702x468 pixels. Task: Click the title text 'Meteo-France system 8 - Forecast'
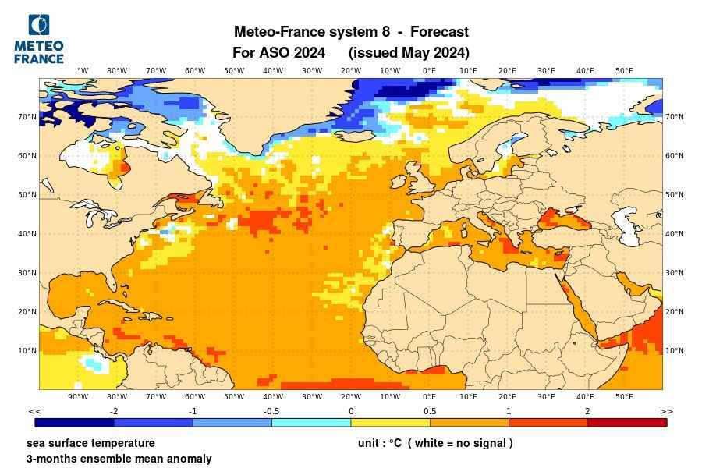point(351,32)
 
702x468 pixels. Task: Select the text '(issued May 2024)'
point(409,53)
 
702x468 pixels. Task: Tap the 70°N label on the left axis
point(27,117)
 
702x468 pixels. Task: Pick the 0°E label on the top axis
point(429,70)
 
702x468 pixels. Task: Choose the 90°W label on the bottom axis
point(78,397)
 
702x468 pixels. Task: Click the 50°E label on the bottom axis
point(624,397)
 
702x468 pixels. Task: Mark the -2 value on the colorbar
point(114,411)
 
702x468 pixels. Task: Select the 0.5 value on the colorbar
point(430,411)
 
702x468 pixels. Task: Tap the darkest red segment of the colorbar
point(626,423)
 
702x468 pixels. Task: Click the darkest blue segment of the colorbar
point(75,423)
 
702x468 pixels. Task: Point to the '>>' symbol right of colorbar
point(666,411)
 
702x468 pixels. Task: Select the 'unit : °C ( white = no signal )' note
point(435,443)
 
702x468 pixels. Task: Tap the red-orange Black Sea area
point(566,219)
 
